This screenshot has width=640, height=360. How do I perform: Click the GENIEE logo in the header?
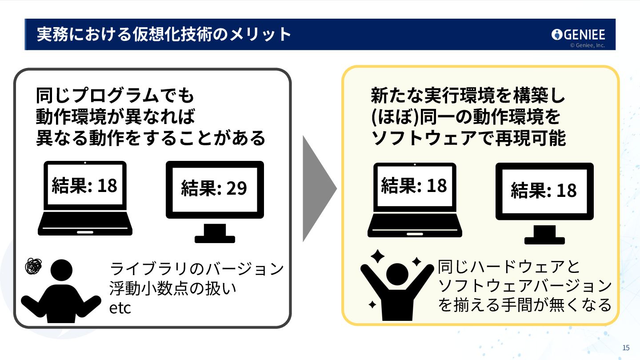(578, 34)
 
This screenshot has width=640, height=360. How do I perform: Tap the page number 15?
(626, 347)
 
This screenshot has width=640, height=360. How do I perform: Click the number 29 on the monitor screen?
(236, 188)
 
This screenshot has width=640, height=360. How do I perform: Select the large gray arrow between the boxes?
(318, 188)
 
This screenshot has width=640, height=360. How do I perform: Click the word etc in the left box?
(120, 308)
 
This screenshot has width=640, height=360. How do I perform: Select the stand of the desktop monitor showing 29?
(215, 234)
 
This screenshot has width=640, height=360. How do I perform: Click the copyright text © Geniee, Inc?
(587, 45)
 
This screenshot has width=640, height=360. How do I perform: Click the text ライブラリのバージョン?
(196, 269)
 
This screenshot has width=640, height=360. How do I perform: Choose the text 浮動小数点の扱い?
(173, 288)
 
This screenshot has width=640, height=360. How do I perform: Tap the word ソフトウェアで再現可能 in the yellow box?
(468, 138)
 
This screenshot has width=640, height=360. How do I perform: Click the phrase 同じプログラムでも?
(115, 95)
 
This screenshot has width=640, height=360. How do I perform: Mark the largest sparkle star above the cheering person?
(377, 256)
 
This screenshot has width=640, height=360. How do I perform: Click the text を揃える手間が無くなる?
(524, 305)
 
